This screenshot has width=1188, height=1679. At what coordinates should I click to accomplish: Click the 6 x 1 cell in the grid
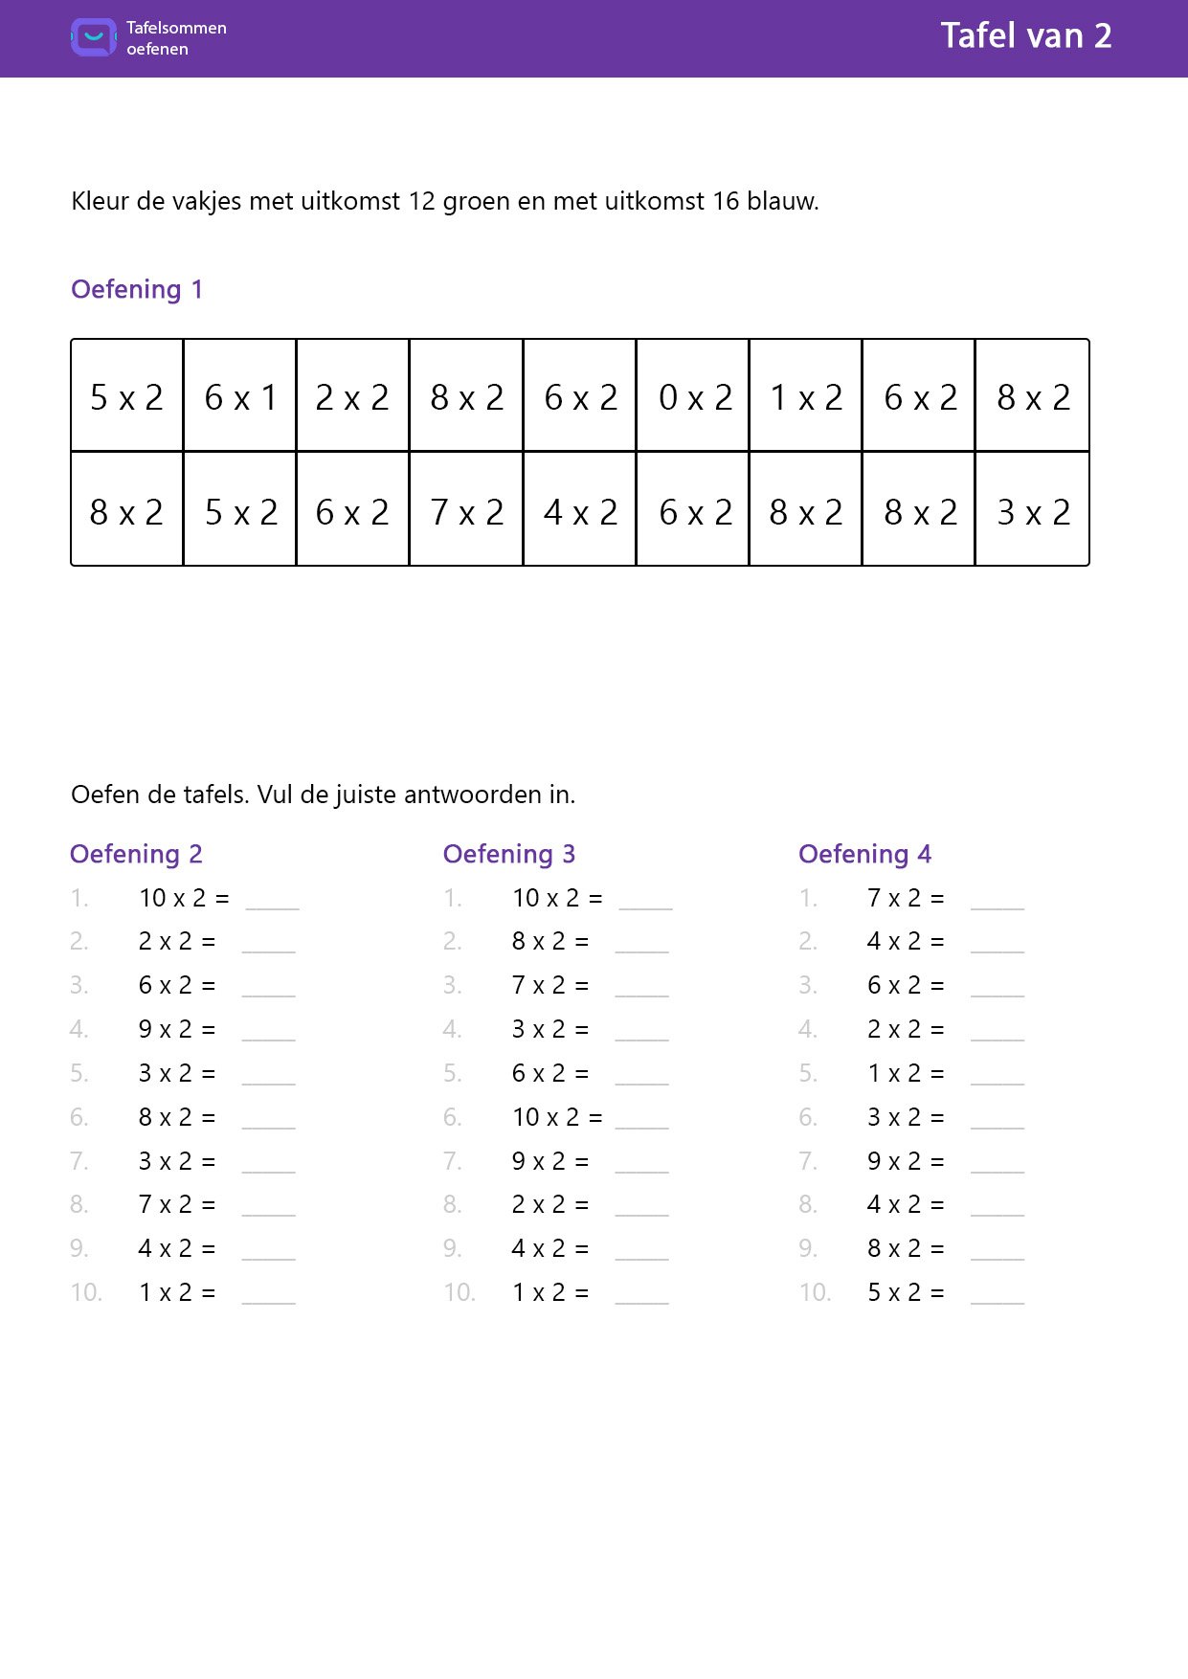pyautogui.click(x=240, y=396)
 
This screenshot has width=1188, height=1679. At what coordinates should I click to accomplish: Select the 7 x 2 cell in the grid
pyautogui.click(x=467, y=511)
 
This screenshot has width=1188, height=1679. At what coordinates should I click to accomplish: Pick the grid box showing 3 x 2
pyautogui.click(x=1033, y=511)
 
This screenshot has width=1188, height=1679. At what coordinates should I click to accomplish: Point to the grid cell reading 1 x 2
pyautogui.click(x=806, y=396)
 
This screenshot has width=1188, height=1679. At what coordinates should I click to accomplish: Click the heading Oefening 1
pyautogui.click(x=137, y=289)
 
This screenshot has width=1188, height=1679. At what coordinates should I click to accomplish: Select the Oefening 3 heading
pyautogui.click(x=508, y=854)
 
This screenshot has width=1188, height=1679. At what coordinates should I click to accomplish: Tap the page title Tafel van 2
pyautogui.click(x=1025, y=36)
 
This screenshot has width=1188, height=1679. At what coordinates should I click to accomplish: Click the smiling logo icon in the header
pyautogui.click(x=94, y=37)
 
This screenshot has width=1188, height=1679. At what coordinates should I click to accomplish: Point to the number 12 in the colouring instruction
pyautogui.click(x=421, y=201)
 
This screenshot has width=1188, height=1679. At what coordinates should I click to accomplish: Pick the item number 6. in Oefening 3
pyautogui.click(x=453, y=1117)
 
